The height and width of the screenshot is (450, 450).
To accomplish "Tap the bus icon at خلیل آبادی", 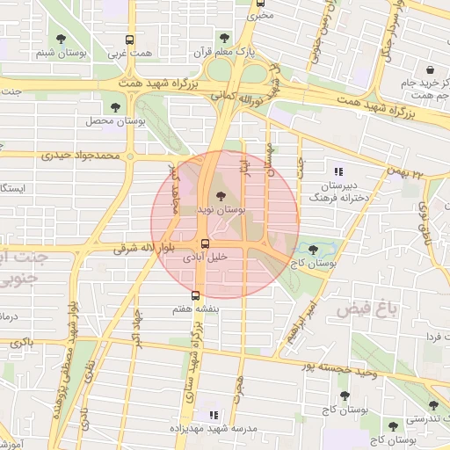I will coord(204,243).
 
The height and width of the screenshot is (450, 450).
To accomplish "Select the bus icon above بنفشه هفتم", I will coord(195,295).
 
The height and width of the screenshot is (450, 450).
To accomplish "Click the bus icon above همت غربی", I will coord(130,40).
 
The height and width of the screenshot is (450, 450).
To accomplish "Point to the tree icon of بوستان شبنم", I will coord(60,39).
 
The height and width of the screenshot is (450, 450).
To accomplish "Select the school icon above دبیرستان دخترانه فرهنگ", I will coord(338,171).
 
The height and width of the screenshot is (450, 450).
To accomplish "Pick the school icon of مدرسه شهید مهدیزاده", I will coord(212,413).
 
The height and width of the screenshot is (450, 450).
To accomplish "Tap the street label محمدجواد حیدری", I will coord(79,156).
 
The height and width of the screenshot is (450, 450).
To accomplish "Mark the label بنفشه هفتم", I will coord(195,310).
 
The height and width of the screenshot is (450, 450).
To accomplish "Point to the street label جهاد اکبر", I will coord(136,326).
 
